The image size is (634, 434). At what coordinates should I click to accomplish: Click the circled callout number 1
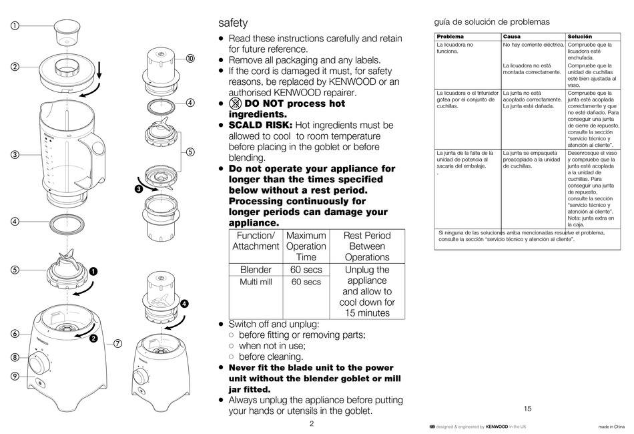(15, 26)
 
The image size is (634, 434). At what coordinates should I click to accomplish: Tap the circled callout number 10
(190, 59)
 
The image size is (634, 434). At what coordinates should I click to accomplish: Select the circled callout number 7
(117, 344)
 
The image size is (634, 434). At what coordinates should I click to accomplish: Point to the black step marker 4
(184, 303)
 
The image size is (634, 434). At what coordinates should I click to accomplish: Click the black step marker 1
(93, 271)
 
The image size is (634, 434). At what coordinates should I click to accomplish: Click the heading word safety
(233, 23)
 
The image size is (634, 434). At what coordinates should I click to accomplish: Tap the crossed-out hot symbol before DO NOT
(234, 103)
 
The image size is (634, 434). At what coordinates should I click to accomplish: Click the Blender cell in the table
(256, 270)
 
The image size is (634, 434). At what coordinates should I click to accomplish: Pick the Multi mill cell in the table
(256, 282)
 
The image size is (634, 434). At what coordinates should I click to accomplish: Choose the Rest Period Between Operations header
(367, 246)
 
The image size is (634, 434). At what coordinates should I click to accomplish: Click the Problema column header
(450, 36)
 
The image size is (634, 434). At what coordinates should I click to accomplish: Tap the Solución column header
(580, 36)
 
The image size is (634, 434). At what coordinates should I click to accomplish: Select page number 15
(527, 409)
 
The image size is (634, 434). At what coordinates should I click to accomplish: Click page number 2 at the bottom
(311, 423)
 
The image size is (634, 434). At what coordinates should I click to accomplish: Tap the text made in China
(612, 427)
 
